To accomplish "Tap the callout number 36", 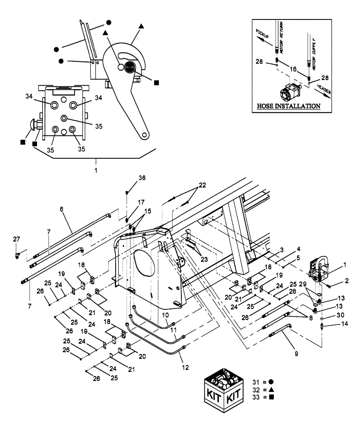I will [129, 178].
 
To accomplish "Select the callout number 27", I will [16, 239].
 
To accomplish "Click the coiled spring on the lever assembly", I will [131, 68].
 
